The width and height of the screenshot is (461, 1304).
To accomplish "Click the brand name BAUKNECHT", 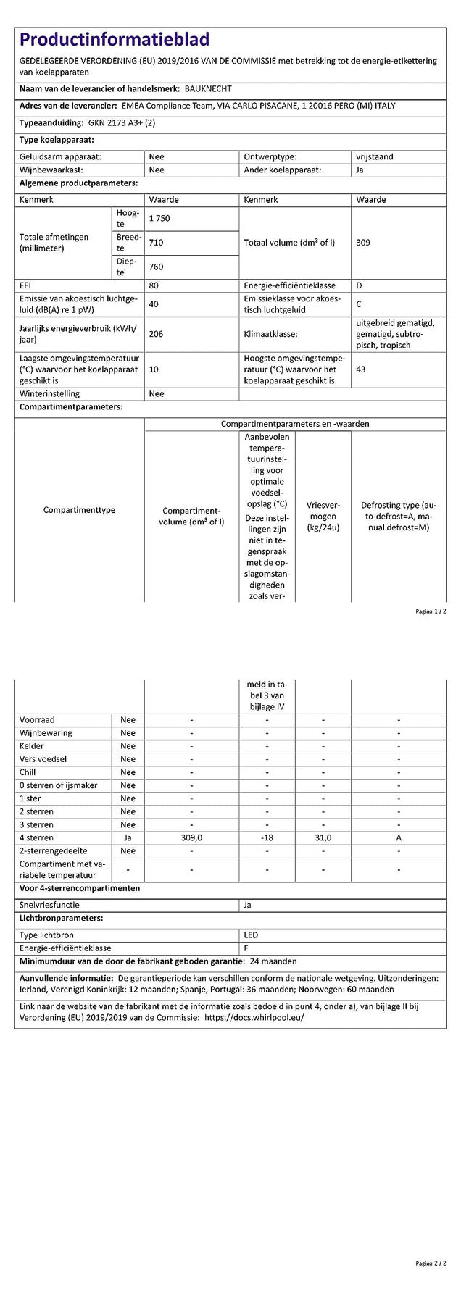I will (x=209, y=89).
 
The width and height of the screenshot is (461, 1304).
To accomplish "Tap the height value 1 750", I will (x=159, y=219).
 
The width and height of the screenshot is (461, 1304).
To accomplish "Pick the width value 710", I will (x=156, y=243).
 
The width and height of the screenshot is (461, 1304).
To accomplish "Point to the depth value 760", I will (x=156, y=267).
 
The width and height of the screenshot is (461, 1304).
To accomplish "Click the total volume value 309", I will (x=363, y=243).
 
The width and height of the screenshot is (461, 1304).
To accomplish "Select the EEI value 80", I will (x=154, y=286).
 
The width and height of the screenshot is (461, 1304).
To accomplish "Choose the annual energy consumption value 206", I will (x=156, y=334).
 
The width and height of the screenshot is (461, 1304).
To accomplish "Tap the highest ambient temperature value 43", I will (x=361, y=369).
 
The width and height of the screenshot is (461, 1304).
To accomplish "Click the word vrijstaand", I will (x=375, y=157).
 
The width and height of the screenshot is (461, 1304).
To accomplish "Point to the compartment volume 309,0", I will (x=191, y=838).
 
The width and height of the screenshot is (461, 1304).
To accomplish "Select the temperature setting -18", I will (x=267, y=838).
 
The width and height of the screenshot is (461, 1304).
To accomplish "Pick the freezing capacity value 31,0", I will (x=323, y=838).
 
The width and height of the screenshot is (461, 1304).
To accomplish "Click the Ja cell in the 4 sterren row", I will (x=128, y=838).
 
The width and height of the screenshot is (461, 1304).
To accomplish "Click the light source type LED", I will (x=251, y=935).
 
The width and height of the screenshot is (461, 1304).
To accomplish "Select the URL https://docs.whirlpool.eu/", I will (x=254, y=1017).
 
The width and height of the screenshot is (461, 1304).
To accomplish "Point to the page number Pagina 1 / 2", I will (x=431, y=612).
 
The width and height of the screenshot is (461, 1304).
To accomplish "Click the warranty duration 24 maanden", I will (x=273, y=961).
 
